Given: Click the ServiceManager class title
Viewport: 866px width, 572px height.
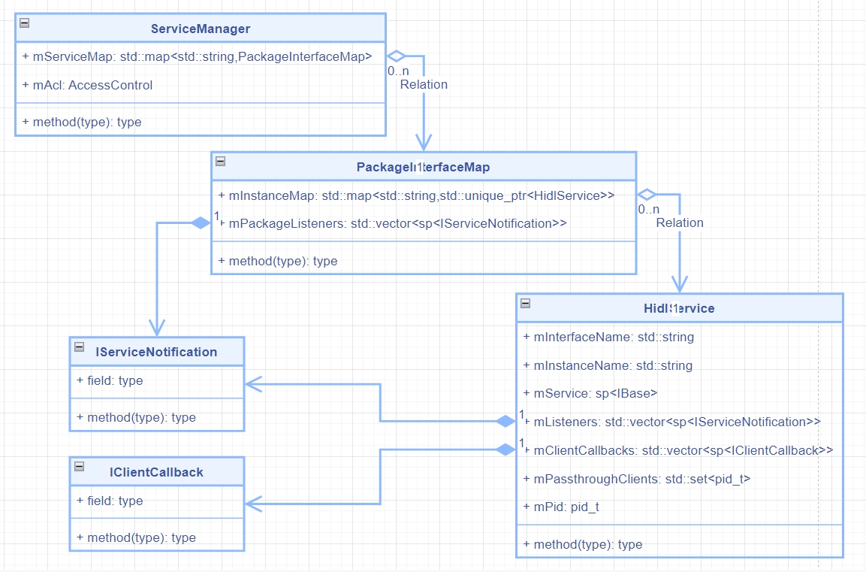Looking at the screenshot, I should (x=200, y=29).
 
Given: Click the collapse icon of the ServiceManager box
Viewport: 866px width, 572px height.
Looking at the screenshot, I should (x=25, y=23).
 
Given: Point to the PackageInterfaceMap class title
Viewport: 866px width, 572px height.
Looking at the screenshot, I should (x=423, y=166).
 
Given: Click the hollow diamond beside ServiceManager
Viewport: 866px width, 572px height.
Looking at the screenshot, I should (x=396, y=56).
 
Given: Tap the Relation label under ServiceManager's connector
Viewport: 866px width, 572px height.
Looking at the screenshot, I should (x=424, y=84).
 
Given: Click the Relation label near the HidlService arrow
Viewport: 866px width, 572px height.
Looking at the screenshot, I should (x=680, y=222).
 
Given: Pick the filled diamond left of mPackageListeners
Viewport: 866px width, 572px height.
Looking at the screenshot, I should (x=201, y=222).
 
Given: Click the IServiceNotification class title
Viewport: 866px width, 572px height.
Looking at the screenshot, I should (x=156, y=352).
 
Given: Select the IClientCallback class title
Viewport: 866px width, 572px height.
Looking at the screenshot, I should (x=156, y=472).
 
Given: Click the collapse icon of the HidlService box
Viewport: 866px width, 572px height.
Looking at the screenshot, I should (x=525, y=303).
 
